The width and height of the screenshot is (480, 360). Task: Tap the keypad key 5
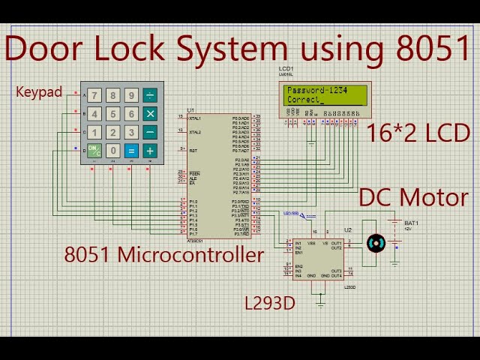point(112,114)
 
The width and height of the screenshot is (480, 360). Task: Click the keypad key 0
point(112,151)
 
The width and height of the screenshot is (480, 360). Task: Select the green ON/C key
point(94,151)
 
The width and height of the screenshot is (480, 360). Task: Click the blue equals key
point(131,151)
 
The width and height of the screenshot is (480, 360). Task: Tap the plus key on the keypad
point(150,151)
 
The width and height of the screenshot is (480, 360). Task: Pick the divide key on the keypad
point(150,95)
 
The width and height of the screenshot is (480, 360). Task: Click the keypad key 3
point(131,133)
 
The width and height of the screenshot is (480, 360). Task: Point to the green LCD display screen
point(325,95)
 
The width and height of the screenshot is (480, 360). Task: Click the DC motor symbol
point(375,243)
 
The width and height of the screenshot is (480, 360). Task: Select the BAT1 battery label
point(411,223)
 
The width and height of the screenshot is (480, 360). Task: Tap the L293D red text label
point(270,304)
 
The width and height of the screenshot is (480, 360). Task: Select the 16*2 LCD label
point(418,133)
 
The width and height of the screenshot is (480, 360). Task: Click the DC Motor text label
point(413,197)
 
